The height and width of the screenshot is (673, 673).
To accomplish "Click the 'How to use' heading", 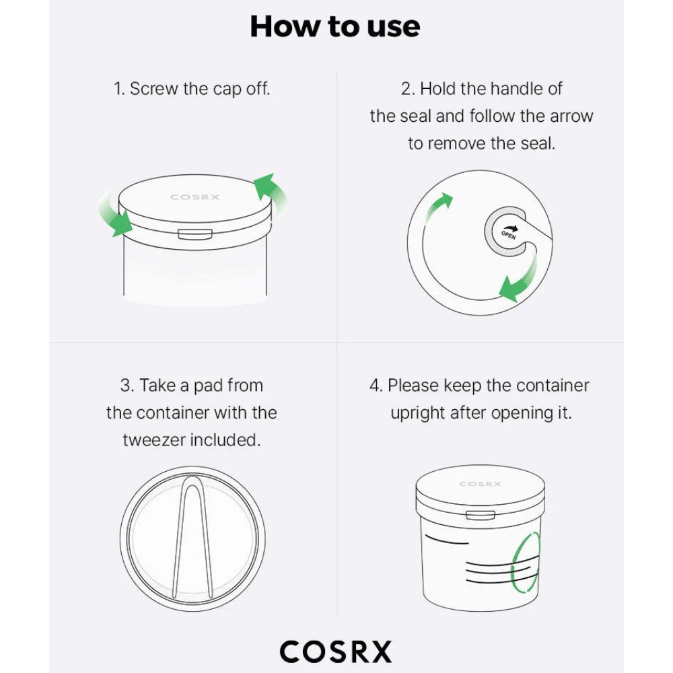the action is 335,27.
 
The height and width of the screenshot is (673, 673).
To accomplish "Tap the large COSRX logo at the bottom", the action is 336,651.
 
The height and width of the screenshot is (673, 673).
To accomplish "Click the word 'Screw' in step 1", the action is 153,89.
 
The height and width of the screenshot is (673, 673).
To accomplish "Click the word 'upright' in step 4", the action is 418,413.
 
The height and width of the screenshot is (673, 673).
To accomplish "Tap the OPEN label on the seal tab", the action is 509,235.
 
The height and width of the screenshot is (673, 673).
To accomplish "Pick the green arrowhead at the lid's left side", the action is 122,223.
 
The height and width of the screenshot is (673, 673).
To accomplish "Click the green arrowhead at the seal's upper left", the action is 445,200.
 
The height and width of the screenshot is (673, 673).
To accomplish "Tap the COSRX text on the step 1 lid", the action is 195,197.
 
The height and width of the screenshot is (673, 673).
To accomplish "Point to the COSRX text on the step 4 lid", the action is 481,484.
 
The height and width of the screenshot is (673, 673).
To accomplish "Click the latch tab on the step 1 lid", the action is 195,234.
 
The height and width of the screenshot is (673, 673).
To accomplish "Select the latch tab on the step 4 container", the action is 481,515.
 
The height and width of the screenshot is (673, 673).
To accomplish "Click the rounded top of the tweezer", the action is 192,480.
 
